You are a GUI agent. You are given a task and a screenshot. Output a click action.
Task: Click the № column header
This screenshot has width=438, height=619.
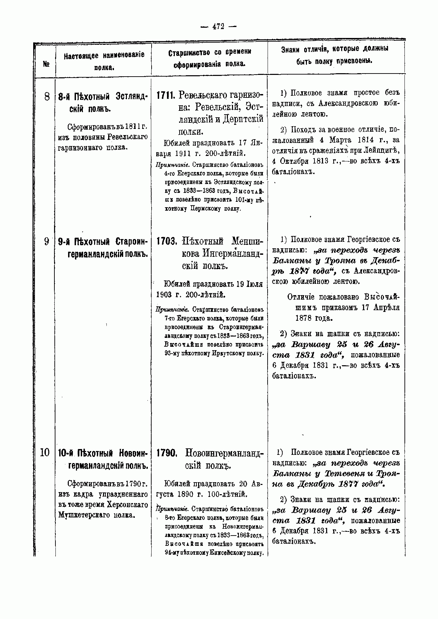[x=46, y=64]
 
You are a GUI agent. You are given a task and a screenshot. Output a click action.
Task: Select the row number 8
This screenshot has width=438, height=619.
[x=47, y=97]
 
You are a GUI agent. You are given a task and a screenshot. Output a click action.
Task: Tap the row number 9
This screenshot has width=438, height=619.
[x=47, y=241]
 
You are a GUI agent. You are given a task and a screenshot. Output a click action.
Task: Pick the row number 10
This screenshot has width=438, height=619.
[x=45, y=453]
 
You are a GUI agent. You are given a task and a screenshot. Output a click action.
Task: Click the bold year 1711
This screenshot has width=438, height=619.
[x=166, y=95]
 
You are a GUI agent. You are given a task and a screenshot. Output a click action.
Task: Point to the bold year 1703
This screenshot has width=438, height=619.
[x=166, y=241]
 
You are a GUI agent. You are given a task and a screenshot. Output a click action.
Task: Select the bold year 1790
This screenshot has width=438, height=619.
[x=166, y=453]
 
